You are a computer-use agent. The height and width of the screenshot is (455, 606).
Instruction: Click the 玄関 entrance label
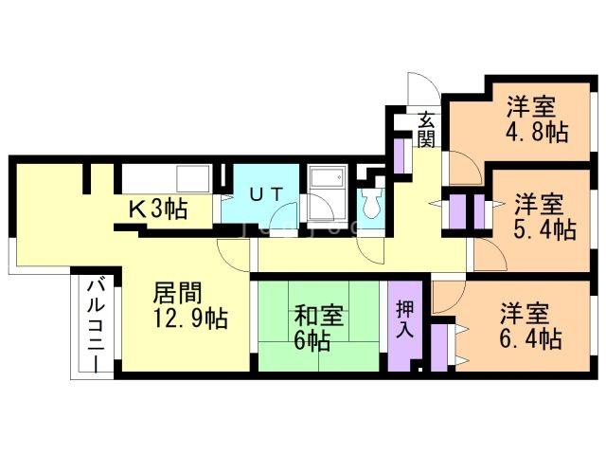coord(427,129)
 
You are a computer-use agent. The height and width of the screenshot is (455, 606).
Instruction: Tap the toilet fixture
coord(370,204)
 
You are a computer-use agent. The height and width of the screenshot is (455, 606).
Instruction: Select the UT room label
coord(266,194)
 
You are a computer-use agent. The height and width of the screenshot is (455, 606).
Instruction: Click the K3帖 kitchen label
coord(158,209)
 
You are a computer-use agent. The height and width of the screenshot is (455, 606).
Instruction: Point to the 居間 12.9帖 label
coord(189,305)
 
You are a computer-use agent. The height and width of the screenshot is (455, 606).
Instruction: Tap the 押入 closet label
coord(405,319)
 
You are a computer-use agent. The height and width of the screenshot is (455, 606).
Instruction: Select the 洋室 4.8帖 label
coord(537,120)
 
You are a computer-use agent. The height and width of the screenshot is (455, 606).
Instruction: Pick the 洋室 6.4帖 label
coord(530,327)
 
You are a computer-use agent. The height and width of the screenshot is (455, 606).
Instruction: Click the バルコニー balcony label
coord(96,327)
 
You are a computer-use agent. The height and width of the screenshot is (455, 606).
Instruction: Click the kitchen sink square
coord(193,178)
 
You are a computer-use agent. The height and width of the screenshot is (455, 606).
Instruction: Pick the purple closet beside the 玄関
coord(399,155)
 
